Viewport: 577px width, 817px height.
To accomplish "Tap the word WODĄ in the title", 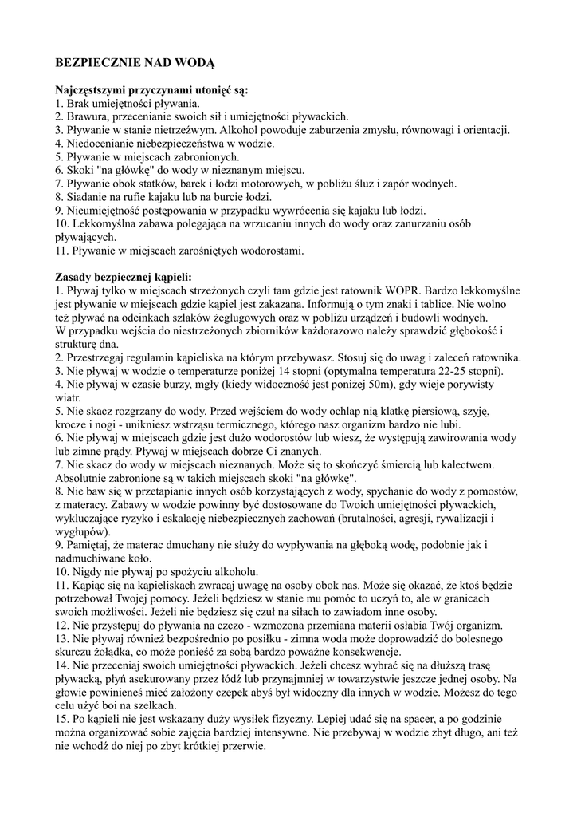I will (x=196, y=61).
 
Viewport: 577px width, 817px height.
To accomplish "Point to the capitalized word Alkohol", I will (x=242, y=130).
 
